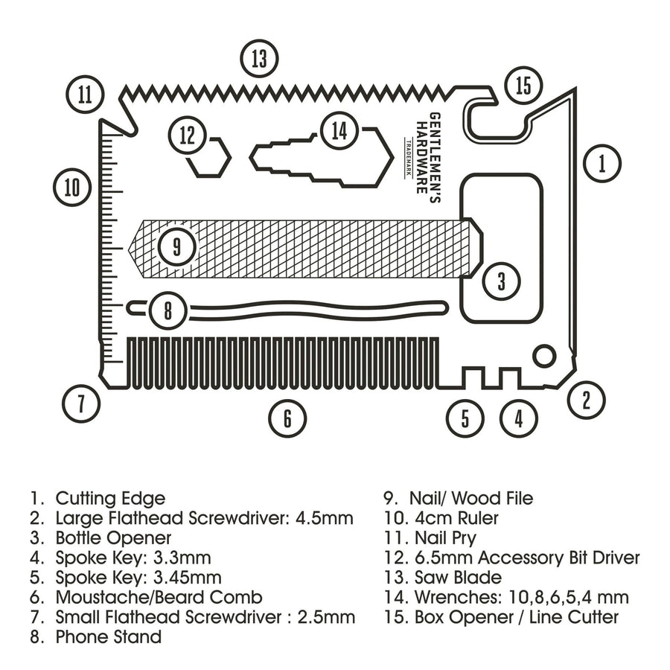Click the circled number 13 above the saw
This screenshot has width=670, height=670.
[x=258, y=58]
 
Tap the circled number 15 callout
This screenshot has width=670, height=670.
[x=523, y=86]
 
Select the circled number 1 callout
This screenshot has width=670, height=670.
[x=602, y=162]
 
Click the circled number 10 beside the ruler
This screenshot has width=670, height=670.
[x=72, y=186]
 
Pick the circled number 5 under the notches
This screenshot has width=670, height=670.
[x=465, y=418]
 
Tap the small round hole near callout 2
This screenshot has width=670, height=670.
[x=545, y=355]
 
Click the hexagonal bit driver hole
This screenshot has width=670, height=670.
[x=209, y=159]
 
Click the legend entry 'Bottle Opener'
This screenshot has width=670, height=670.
[x=113, y=537]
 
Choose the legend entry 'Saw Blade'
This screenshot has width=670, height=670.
[x=458, y=577]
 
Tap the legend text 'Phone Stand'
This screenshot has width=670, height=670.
[x=108, y=637]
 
